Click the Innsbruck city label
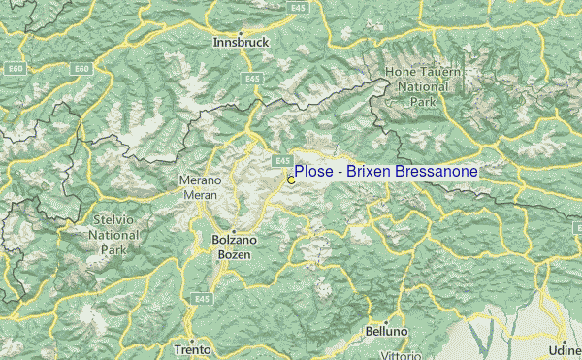(241, 42)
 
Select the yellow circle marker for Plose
(290, 180)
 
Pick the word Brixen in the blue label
(369, 171)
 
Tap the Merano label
(201, 180)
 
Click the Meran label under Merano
(201, 193)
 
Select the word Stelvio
(113, 220)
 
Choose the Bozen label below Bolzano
(232, 253)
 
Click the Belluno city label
(388, 330)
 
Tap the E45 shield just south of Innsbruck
(252, 78)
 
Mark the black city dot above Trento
(192, 339)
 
